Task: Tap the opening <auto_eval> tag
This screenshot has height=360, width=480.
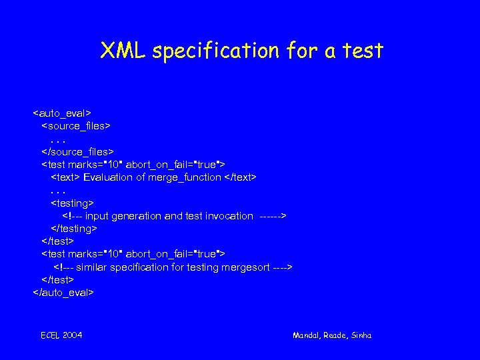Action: click(x=62, y=113)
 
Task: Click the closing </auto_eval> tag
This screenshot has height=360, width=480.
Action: click(x=63, y=292)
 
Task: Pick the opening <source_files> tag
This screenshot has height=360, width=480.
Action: click(x=76, y=125)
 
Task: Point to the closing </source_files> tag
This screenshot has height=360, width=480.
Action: click(x=77, y=151)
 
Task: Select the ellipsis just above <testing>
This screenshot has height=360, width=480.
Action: click(x=58, y=191)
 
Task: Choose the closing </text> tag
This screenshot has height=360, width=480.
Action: click(x=240, y=177)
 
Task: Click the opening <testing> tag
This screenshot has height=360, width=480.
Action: click(x=73, y=203)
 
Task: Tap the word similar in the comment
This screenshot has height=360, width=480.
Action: click(x=93, y=267)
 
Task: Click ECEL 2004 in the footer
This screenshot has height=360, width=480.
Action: click(x=61, y=335)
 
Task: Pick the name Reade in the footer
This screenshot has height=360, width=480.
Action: click(x=335, y=335)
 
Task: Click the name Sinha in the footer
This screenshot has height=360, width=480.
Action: click(x=361, y=335)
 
